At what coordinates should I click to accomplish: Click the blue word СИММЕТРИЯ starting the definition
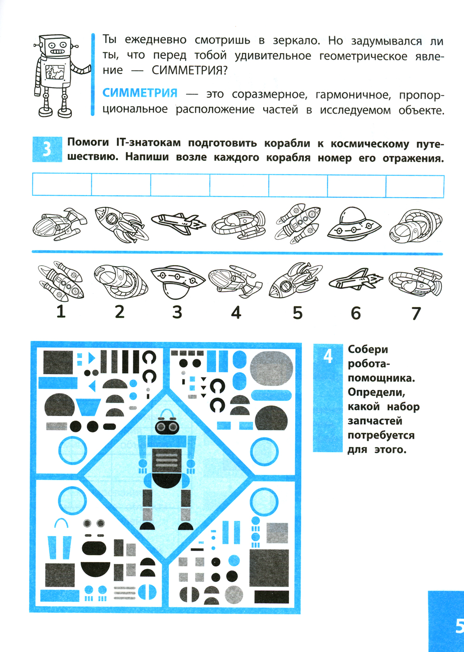(x=140, y=93)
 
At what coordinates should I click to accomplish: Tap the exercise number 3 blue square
(x=47, y=149)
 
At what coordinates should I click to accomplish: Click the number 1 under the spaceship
(x=61, y=312)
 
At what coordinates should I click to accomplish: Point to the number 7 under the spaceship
(x=416, y=313)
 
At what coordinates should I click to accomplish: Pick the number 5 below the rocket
(x=297, y=313)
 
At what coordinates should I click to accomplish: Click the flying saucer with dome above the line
(x=354, y=224)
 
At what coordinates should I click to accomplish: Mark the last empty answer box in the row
(x=415, y=186)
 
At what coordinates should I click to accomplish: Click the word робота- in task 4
(x=369, y=364)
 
